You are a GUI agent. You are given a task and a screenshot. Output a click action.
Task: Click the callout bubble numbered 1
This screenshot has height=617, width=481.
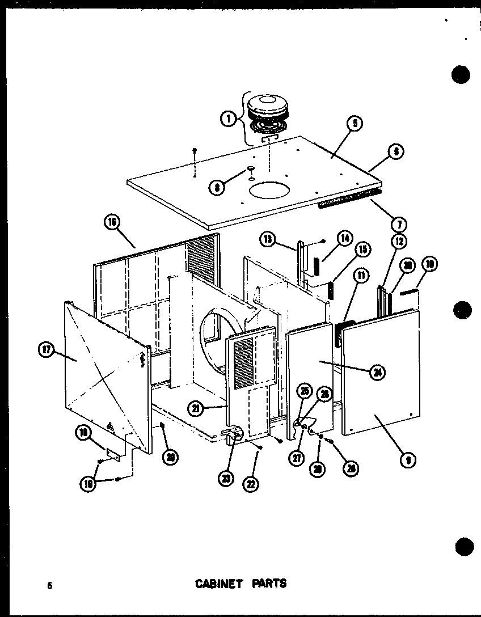click(x=228, y=119)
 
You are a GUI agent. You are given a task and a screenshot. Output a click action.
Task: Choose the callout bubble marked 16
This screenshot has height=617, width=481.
click(x=112, y=223)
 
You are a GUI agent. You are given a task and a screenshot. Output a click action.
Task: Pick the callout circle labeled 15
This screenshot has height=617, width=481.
click(x=362, y=250)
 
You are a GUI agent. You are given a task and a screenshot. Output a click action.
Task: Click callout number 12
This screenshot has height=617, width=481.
click(x=398, y=242)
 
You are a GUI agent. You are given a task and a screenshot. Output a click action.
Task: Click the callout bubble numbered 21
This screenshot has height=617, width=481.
click(x=196, y=407)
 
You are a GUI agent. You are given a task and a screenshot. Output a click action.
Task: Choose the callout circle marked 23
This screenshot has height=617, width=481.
click(x=227, y=479)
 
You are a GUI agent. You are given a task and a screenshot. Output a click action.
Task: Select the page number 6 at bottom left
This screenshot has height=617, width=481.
click(x=50, y=586)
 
